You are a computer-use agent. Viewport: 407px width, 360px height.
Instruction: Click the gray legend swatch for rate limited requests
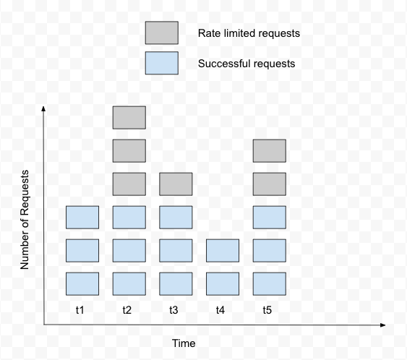[162, 33]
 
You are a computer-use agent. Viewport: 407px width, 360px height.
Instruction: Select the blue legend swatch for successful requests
[162, 63]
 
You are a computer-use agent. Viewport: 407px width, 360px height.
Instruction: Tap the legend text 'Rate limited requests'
[249, 33]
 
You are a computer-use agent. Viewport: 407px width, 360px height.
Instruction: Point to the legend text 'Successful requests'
[247, 64]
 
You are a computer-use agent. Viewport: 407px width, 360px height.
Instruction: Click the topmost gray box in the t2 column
[129, 118]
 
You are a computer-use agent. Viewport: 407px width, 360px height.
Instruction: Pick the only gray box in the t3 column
[176, 184]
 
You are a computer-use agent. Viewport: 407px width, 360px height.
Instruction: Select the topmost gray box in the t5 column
[270, 151]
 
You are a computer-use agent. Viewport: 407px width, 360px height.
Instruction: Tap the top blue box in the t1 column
[82, 218]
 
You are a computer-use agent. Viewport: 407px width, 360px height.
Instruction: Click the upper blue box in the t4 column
[223, 250]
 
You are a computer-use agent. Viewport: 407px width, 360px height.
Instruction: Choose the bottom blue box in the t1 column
[82, 283]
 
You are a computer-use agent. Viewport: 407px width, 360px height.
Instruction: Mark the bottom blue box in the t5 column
[270, 283]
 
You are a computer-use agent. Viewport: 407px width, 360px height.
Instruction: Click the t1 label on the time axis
[80, 310]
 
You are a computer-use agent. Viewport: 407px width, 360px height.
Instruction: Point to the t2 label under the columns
[127, 310]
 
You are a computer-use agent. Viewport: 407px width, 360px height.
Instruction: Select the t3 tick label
[173, 310]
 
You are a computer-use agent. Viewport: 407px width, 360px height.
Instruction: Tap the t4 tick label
[220, 310]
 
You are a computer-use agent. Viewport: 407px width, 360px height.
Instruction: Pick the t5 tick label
[267, 310]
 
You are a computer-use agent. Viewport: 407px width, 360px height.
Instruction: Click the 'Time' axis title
[184, 343]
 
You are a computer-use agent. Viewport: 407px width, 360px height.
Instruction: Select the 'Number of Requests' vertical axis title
[25, 220]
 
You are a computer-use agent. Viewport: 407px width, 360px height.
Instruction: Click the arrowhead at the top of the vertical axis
[43, 108]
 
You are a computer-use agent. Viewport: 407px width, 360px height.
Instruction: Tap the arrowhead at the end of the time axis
[383, 325]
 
